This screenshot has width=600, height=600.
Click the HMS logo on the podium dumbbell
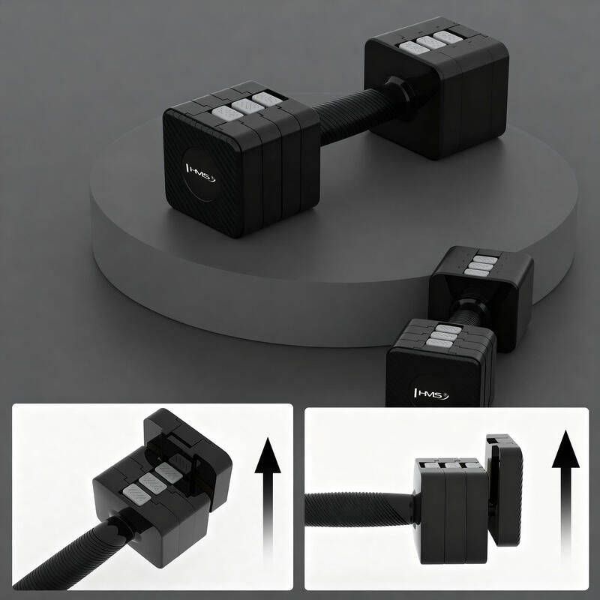click(x=200, y=173)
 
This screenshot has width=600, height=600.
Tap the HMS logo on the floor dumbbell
click(x=431, y=394)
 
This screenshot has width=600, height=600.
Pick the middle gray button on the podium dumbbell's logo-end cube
click(x=247, y=106)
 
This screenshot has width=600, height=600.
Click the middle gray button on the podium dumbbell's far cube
click(x=432, y=42)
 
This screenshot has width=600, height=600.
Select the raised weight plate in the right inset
click(x=504, y=490)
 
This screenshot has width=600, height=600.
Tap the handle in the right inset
click(x=360, y=509)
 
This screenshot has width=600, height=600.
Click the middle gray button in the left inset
click(x=153, y=483)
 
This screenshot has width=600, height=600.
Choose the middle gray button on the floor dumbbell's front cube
click(x=444, y=336)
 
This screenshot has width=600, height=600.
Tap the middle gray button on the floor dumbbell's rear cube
click(x=480, y=266)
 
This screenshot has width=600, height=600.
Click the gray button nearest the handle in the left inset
click(x=136, y=493)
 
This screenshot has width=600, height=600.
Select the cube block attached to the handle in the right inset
click(x=451, y=511)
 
